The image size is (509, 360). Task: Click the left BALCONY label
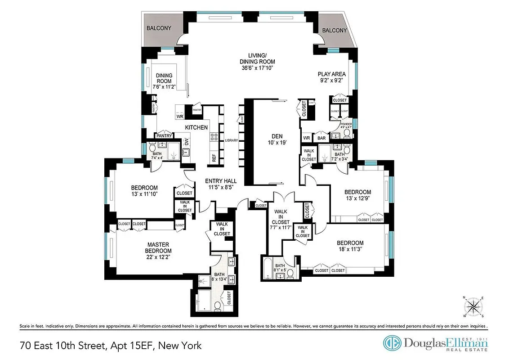click(x=159, y=28)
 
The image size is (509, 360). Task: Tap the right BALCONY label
click(x=335, y=31)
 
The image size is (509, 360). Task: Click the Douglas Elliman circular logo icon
click(x=391, y=343)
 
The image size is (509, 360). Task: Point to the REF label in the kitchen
click(x=214, y=158)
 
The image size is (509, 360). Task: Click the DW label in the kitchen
click(x=186, y=142)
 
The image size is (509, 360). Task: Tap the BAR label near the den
click(x=321, y=138)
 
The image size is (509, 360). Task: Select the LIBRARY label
click(x=231, y=140)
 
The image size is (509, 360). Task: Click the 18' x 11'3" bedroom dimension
click(x=350, y=249)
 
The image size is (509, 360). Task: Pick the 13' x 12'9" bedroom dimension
click(x=358, y=198)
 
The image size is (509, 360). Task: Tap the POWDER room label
click(x=346, y=124)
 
